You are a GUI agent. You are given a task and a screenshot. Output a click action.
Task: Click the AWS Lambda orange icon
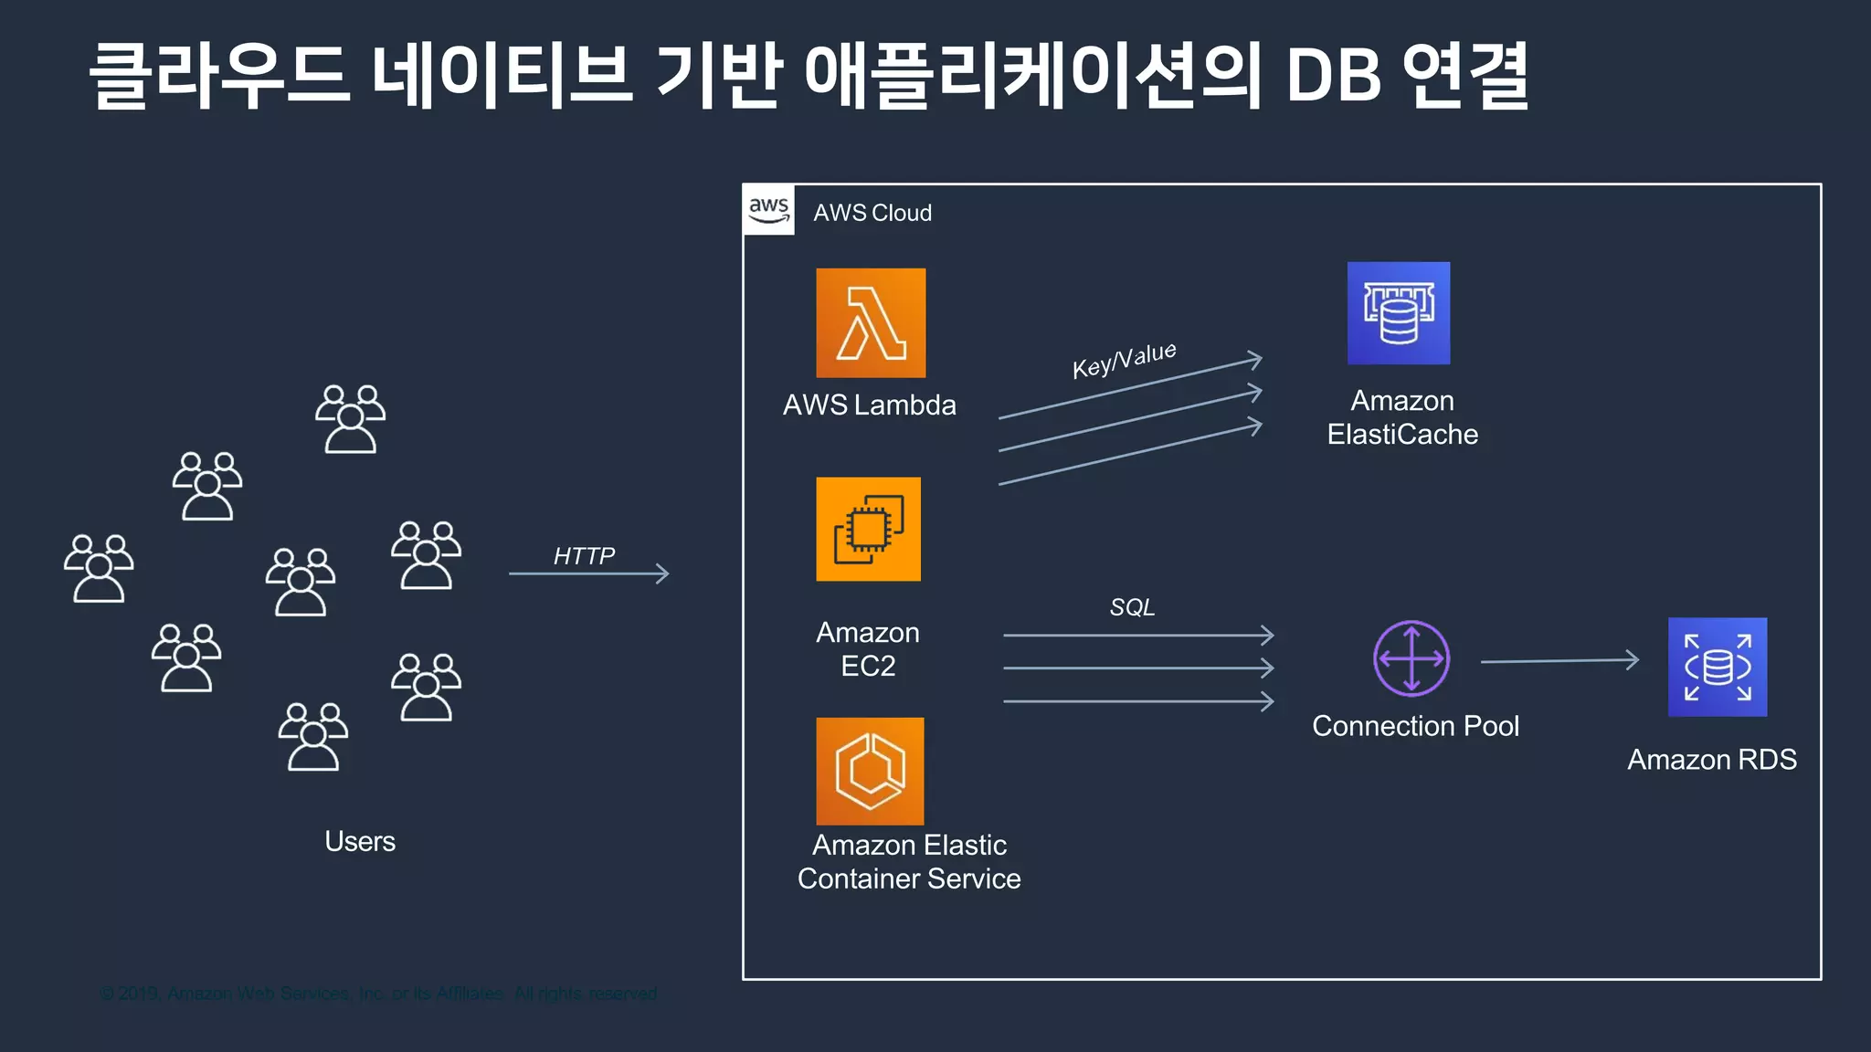tap(870, 322)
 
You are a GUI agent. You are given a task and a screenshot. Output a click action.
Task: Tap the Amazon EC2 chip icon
tap(868, 529)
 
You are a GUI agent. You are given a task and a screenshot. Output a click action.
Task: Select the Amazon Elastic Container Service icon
tap(870, 771)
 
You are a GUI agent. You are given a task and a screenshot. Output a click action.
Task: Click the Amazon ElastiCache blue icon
tap(1398, 313)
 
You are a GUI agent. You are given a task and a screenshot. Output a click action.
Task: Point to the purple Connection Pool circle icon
tap(1411, 658)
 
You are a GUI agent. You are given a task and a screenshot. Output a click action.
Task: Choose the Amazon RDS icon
tap(1717, 667)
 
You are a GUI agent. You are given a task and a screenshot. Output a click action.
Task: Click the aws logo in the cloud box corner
tap(768, 209)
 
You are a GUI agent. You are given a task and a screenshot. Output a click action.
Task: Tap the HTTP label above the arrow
tap(584, 555)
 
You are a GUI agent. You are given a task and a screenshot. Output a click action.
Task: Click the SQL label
tap(1132, 606)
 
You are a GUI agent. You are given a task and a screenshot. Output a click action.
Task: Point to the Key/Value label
tap(1124, 360)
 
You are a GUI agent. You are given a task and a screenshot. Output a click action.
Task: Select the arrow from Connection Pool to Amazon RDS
tap(1559, 660)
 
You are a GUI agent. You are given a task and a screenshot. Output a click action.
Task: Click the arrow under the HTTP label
tap(589, 573)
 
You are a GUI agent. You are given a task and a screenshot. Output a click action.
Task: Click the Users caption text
tap(360, 841)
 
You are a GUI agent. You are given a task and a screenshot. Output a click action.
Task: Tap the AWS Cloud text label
tap(872, 213)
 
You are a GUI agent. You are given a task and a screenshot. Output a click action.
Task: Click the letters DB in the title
tap(1333, 75)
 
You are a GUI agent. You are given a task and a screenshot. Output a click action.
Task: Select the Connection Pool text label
tap(1415, 726)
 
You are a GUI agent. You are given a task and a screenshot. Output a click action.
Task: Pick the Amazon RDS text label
tap(1711, 759)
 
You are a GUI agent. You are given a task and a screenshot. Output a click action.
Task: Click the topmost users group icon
tap(350, 418)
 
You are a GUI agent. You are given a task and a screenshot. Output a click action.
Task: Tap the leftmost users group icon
tap(99, 568)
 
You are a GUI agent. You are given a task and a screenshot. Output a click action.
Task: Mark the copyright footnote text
tap(378, 993)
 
